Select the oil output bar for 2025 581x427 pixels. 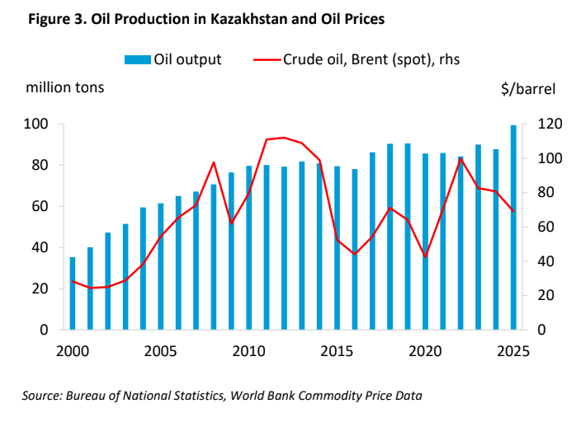tap(513, 228)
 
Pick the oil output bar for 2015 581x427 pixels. tap(337, 247)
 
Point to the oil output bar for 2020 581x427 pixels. tap(425, 242)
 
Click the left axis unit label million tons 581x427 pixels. tap(65, 87)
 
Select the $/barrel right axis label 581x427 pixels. tap(528, 87)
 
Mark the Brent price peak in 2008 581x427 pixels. tap(213, 162)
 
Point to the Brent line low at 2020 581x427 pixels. tap(425, 257)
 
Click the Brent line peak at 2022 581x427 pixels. tap(461, 159)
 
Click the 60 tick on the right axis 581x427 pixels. tap(546, 228)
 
